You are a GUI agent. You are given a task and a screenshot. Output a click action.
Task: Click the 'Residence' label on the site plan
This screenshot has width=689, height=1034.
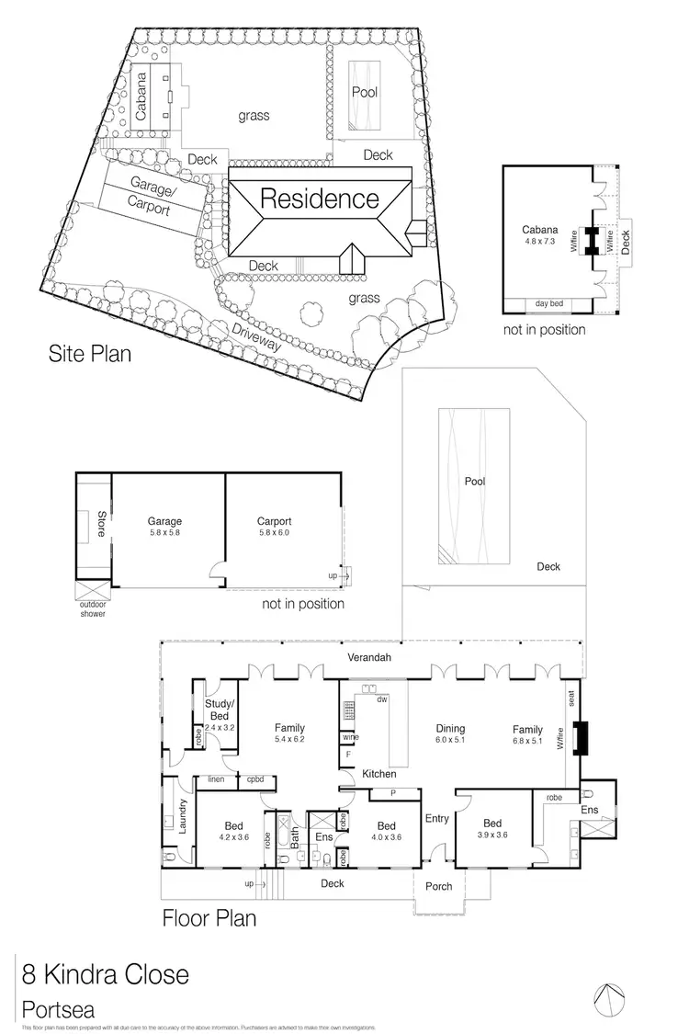pos(320,199)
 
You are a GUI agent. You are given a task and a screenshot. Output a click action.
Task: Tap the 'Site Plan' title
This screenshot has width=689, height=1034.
pos(90,354)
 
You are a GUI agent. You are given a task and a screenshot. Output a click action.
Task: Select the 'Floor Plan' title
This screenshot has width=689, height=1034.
pos(209,917)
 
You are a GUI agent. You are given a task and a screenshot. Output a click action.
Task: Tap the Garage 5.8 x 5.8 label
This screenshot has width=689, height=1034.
pos(165,527)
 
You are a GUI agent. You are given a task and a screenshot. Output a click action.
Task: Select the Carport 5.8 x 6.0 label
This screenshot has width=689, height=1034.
pos(274,527)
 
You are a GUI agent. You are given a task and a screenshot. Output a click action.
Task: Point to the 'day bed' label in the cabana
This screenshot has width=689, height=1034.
pos(550,302)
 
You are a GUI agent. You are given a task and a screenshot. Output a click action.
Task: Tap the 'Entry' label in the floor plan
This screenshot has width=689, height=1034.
pos(435,818)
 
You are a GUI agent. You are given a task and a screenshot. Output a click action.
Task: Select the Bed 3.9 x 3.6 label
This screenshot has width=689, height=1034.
pos(492,829)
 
